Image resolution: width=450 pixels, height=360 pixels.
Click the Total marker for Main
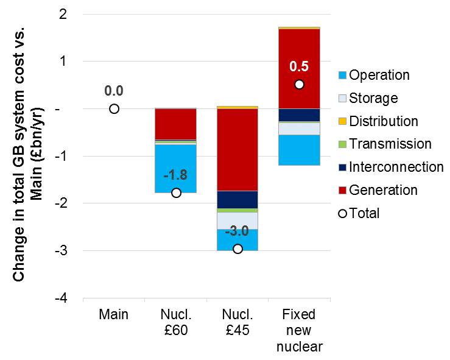[114, 109]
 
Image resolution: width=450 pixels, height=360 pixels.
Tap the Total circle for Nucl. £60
[176, 193]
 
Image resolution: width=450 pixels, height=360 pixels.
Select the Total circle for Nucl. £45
[237, 249]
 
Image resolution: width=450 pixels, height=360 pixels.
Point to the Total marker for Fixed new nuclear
[299, 85]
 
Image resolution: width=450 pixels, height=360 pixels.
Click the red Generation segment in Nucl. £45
[237, 149]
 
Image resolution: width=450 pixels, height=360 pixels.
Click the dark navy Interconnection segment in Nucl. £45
[237, 199]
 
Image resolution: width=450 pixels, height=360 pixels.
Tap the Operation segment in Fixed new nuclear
[299, 150]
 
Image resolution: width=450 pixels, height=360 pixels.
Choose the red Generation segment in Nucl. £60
[176, 124]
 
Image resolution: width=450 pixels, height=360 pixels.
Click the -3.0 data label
[237, 232]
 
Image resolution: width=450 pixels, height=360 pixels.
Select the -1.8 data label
[176, 175]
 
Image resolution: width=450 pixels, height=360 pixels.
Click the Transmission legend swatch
[343, 145]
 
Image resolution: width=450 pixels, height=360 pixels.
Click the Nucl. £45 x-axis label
[237, 322]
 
